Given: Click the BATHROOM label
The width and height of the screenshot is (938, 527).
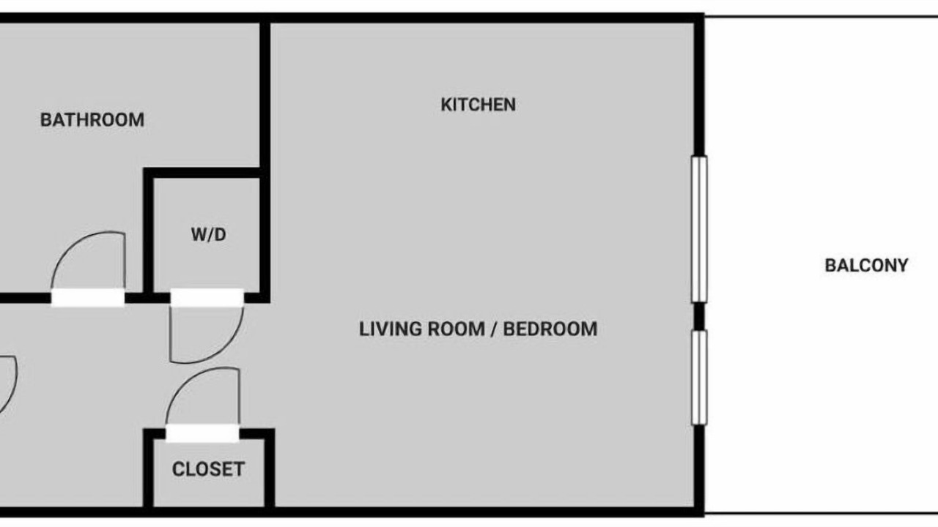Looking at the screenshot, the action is click(x=92, y=120).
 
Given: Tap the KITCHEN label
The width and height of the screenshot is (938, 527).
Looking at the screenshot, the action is click(x=479, y=105).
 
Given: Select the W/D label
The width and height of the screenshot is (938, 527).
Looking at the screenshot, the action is click(x=209, y=235).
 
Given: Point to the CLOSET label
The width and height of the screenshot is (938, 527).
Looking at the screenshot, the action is click(x=208, y=469).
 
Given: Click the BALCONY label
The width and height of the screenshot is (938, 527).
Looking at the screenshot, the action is click(x=866, y=266).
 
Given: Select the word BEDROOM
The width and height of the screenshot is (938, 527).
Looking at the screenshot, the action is click(x=550, y=329).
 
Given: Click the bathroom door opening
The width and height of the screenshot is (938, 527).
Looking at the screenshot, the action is click(x=88, y=298).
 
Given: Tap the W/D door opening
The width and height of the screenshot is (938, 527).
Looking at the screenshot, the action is click(x=207, y=298).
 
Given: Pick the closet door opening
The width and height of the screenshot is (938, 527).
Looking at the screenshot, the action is click(x=202, y=433).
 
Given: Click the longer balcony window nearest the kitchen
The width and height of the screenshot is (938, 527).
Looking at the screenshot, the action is click(x=699, y=229).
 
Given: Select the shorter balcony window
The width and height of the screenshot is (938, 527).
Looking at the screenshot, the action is click(x=699, y=378).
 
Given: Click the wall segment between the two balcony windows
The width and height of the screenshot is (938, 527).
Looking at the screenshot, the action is click(x=699, y=316).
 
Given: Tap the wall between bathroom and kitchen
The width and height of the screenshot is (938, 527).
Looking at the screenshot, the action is click(x=265, y=95).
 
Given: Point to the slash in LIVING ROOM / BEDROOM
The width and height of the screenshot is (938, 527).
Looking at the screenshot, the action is click(x=494, y=329).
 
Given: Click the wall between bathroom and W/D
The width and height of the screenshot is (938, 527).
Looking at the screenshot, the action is click(x=148, y=233).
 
